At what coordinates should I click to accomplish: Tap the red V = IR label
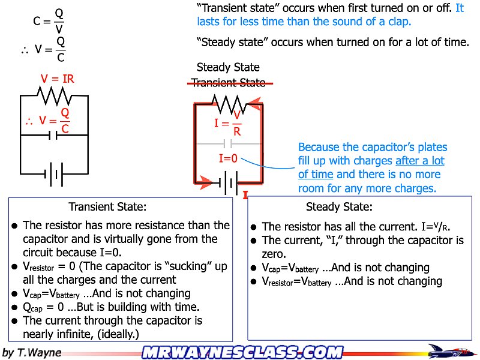tap(58, 79)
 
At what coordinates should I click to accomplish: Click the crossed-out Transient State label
tap(228, 83)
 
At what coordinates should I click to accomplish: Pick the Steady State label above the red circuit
tap(228, 68)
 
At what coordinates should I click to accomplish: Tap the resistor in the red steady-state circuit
tap(228, 106)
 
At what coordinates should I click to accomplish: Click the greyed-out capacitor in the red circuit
tap(228, 144)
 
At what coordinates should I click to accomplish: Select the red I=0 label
tap(228, 159)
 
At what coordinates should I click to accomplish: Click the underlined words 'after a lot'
tap(420, 161)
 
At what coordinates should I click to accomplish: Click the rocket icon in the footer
tap(450, 351)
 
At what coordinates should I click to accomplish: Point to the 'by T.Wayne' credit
tap(32, 352)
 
